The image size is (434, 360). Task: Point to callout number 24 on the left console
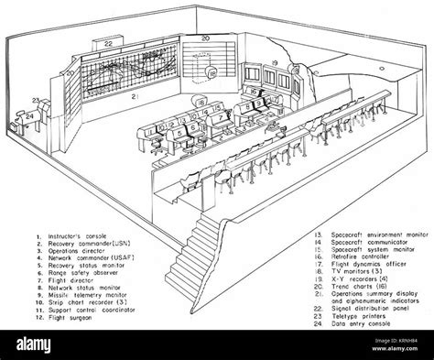pyautogui.click(x=27, y=116)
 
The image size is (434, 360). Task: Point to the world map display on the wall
pyautogui.click(x=119, y=70)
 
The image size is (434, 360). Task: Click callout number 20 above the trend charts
pyautogui.click(x=205, y=40)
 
